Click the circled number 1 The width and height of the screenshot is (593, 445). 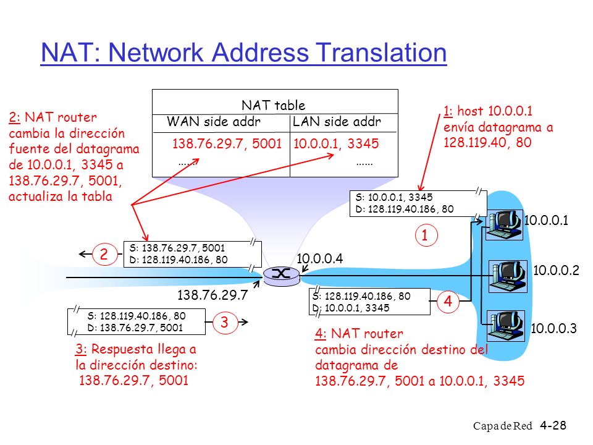426,235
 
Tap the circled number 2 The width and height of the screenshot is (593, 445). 104,254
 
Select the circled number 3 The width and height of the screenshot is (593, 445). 225,322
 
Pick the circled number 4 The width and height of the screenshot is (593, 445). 448,301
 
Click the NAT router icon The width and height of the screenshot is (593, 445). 282,276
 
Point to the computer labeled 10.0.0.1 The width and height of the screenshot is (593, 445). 504,225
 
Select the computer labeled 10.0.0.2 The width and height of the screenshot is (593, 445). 508,276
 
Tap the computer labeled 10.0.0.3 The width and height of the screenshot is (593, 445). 505,326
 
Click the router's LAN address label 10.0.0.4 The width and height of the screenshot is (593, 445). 319,258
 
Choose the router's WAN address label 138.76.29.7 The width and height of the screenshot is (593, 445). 212,295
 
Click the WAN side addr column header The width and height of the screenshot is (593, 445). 214,122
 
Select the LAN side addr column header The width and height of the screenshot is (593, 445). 337,122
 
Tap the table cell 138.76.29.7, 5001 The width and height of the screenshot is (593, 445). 227,143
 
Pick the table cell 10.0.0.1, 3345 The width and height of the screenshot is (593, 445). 336,143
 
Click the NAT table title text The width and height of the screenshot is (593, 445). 274,105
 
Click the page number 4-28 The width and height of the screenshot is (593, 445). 553,425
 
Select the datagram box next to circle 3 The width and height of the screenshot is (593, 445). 137,321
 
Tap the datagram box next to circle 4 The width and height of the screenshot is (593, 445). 370,302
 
